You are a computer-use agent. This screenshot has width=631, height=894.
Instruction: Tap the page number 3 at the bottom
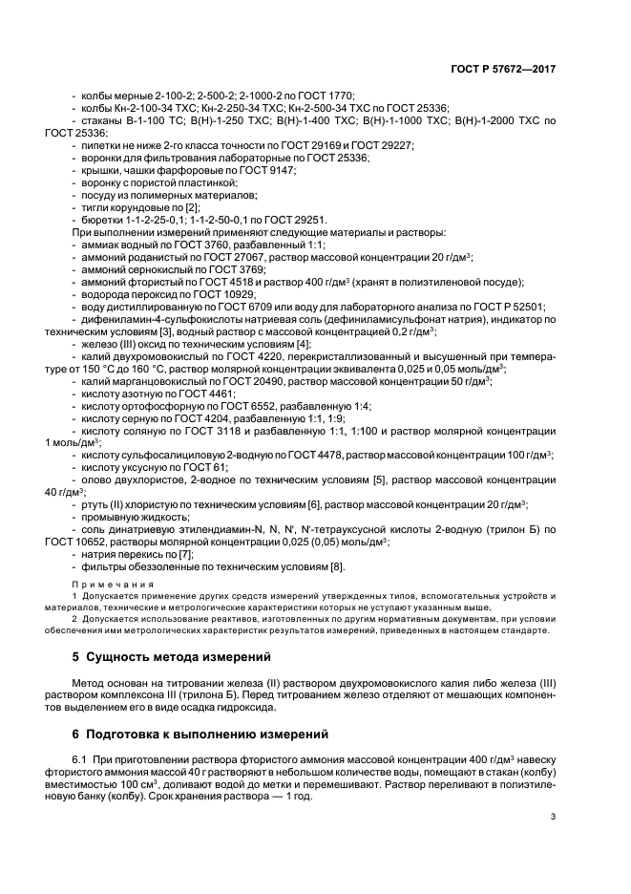[x=553, y=817]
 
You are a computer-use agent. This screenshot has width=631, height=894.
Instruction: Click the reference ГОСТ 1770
[x=324, y=96]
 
